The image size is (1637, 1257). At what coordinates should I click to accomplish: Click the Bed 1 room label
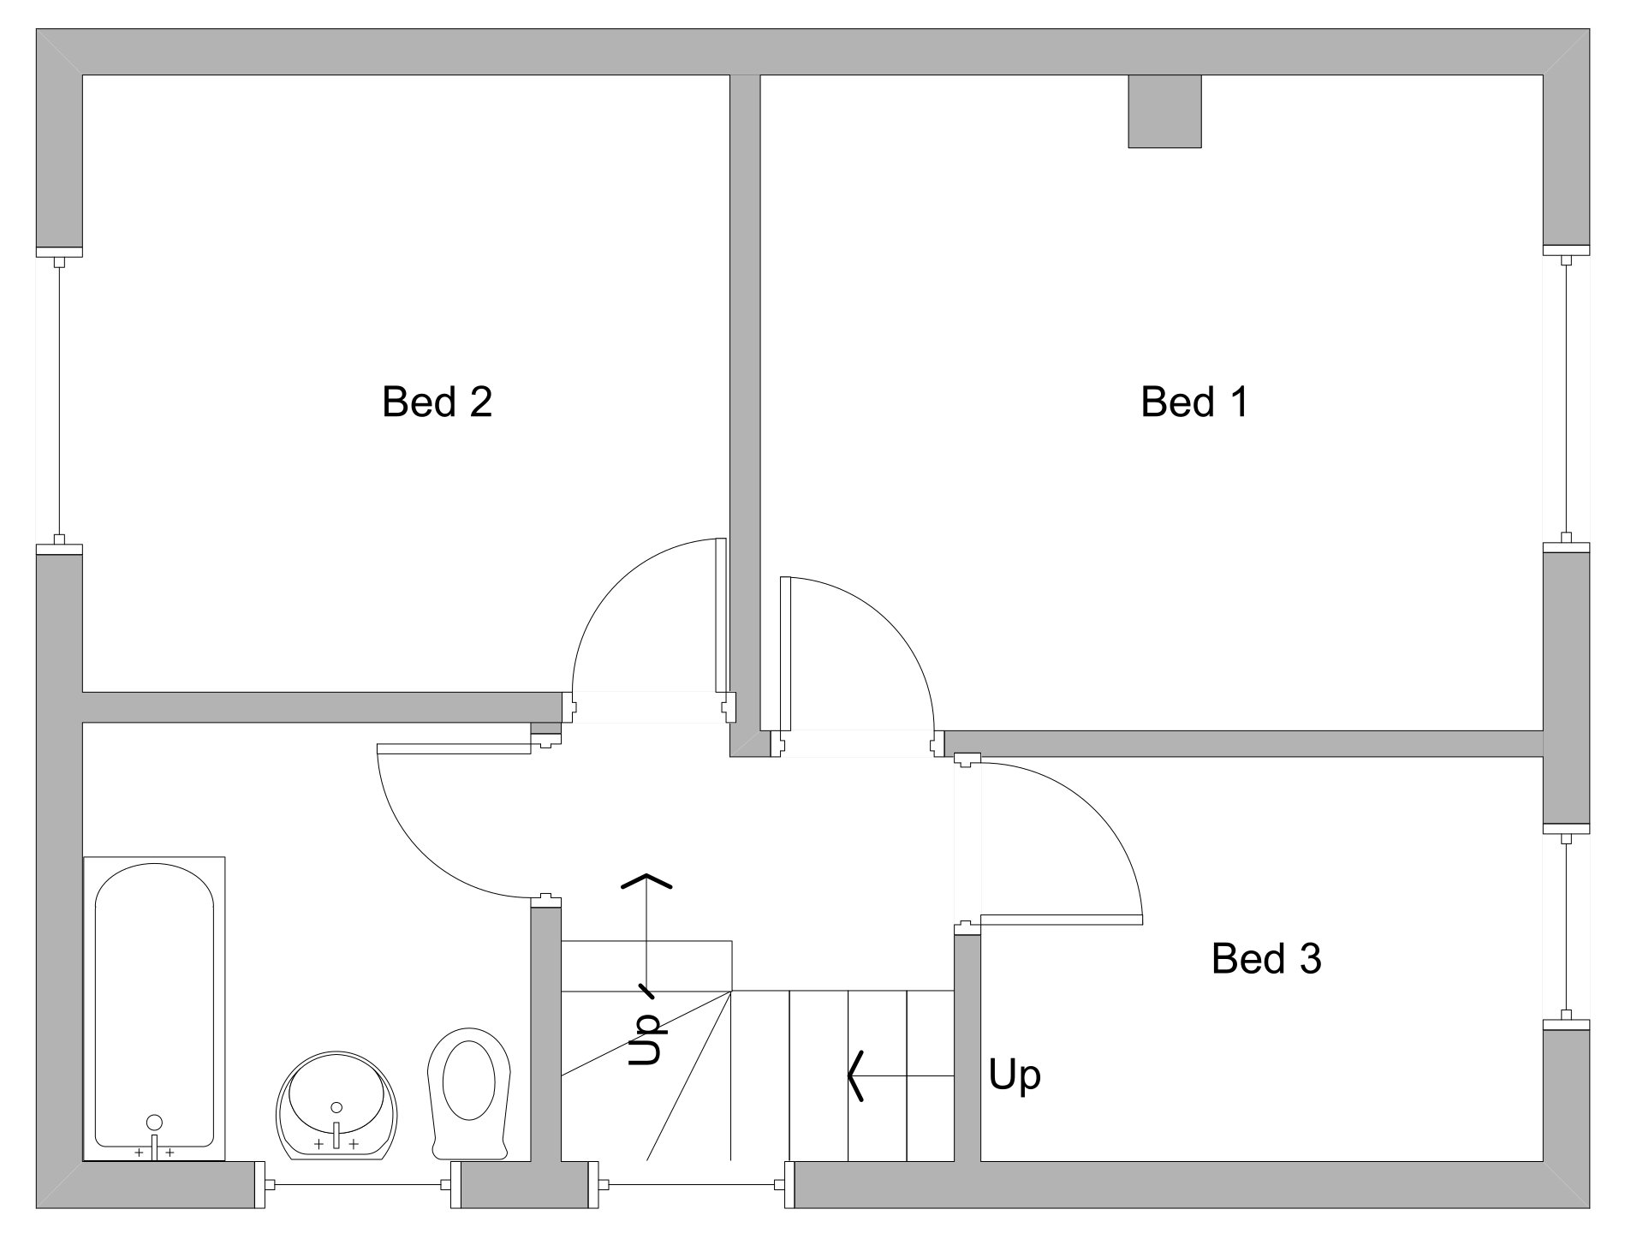1194,402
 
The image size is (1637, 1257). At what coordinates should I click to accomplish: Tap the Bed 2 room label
437,402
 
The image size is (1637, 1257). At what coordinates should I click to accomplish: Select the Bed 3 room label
1265,958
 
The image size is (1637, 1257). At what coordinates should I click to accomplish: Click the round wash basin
336,1105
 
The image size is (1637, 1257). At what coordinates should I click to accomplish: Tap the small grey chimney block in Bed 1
1164,111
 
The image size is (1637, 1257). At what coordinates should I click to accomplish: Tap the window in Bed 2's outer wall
59,399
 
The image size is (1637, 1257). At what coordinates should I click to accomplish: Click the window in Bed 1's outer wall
1566,398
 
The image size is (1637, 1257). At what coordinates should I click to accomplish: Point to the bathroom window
358,1185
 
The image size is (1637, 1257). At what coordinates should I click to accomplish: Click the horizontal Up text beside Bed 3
1015,1075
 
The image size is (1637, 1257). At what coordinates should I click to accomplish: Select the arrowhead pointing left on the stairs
854,1075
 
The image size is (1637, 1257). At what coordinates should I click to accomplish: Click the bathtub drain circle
154,1123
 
